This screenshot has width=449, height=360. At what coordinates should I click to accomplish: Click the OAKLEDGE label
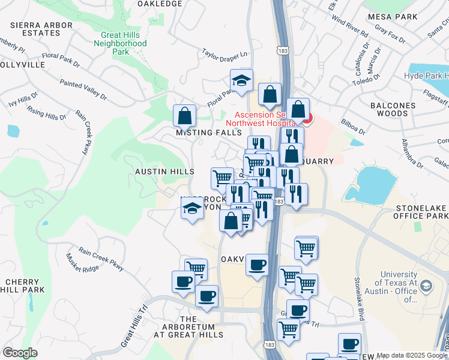(159, 4)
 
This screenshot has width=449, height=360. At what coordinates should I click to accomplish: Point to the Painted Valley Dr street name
(91, 91)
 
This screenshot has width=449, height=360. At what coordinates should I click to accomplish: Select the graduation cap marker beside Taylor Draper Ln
(241, 81)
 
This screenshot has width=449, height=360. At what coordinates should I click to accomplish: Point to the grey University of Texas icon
(426, 285)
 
